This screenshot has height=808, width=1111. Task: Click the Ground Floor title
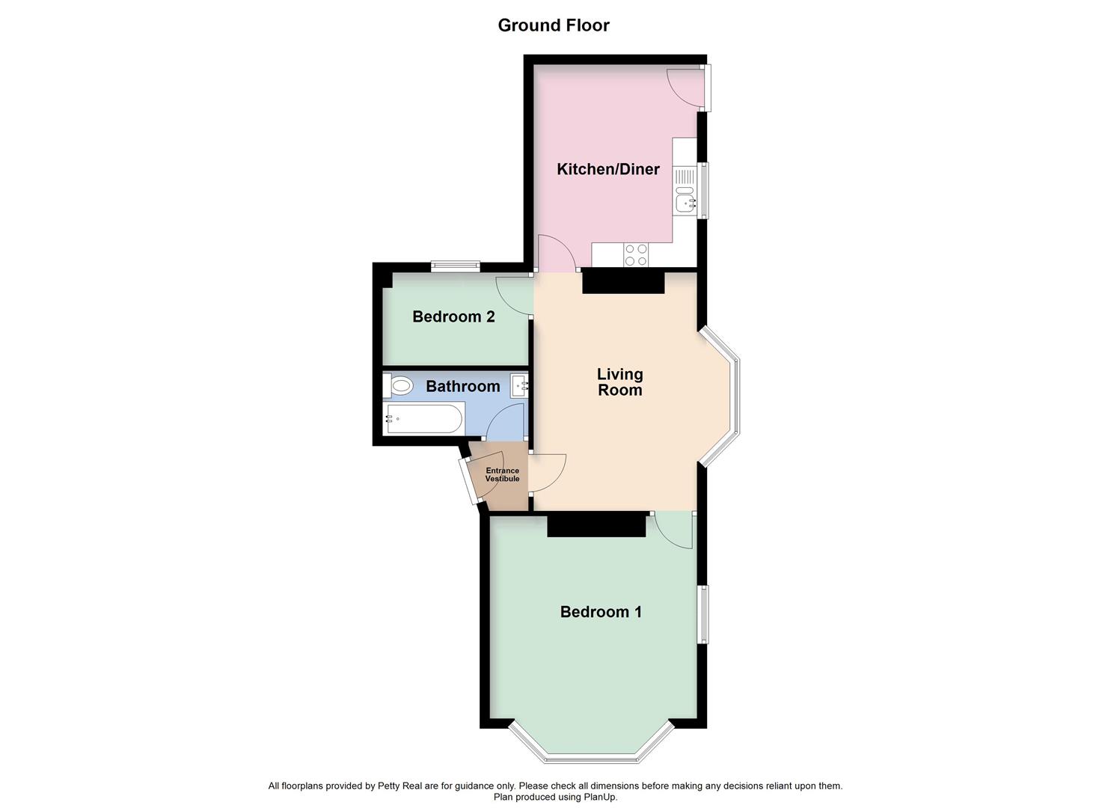click(x=554, y=25)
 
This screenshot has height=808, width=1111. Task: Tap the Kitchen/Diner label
click(x=607, y=169)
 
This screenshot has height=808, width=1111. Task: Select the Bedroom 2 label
click(x=453, y=316)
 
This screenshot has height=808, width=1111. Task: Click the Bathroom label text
click(x=462, y=386)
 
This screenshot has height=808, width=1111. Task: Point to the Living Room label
click(x=619, y=382)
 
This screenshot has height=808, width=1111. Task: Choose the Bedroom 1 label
click(x=601, y=612)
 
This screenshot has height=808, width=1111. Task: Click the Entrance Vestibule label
click(x=502, y=475)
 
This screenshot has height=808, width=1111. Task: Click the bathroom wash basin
click(x=520, y=386)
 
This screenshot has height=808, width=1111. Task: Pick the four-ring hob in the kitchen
click(x=636, y=255)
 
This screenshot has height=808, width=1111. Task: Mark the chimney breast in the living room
click(x=623, y=282)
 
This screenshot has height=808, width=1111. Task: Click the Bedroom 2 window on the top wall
click(x=455, y=265)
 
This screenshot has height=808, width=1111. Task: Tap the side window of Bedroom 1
click(x=703, y=614)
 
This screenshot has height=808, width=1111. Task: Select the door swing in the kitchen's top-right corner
click(x=685, y=86)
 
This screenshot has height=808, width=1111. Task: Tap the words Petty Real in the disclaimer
click(x=400, y=786)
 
